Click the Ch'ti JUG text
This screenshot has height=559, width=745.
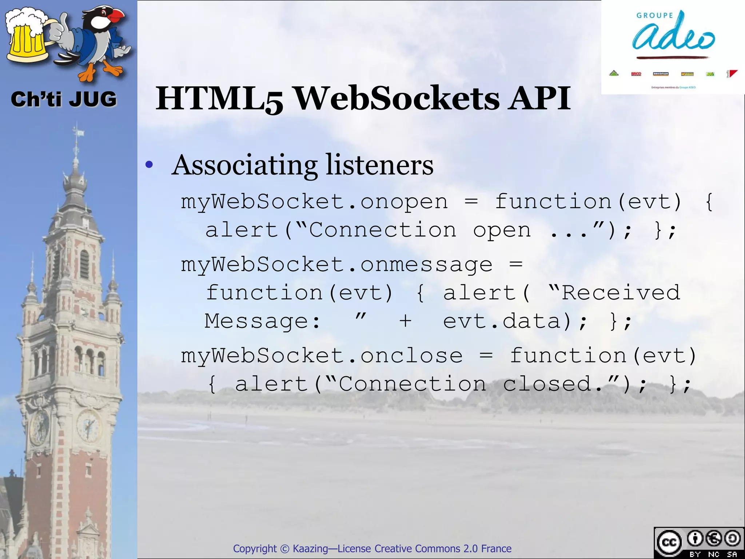coord(64,99)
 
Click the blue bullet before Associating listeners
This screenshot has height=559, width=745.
coord(149,165)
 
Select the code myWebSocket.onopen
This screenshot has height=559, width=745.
coord(314,202)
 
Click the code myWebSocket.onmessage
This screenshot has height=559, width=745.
coord(336,265)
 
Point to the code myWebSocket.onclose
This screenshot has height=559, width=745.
coord(322,356)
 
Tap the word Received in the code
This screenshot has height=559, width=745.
coord(621,293)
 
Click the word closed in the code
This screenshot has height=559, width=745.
coord(547,384)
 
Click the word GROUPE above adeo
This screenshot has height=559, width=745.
coord(655,16)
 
